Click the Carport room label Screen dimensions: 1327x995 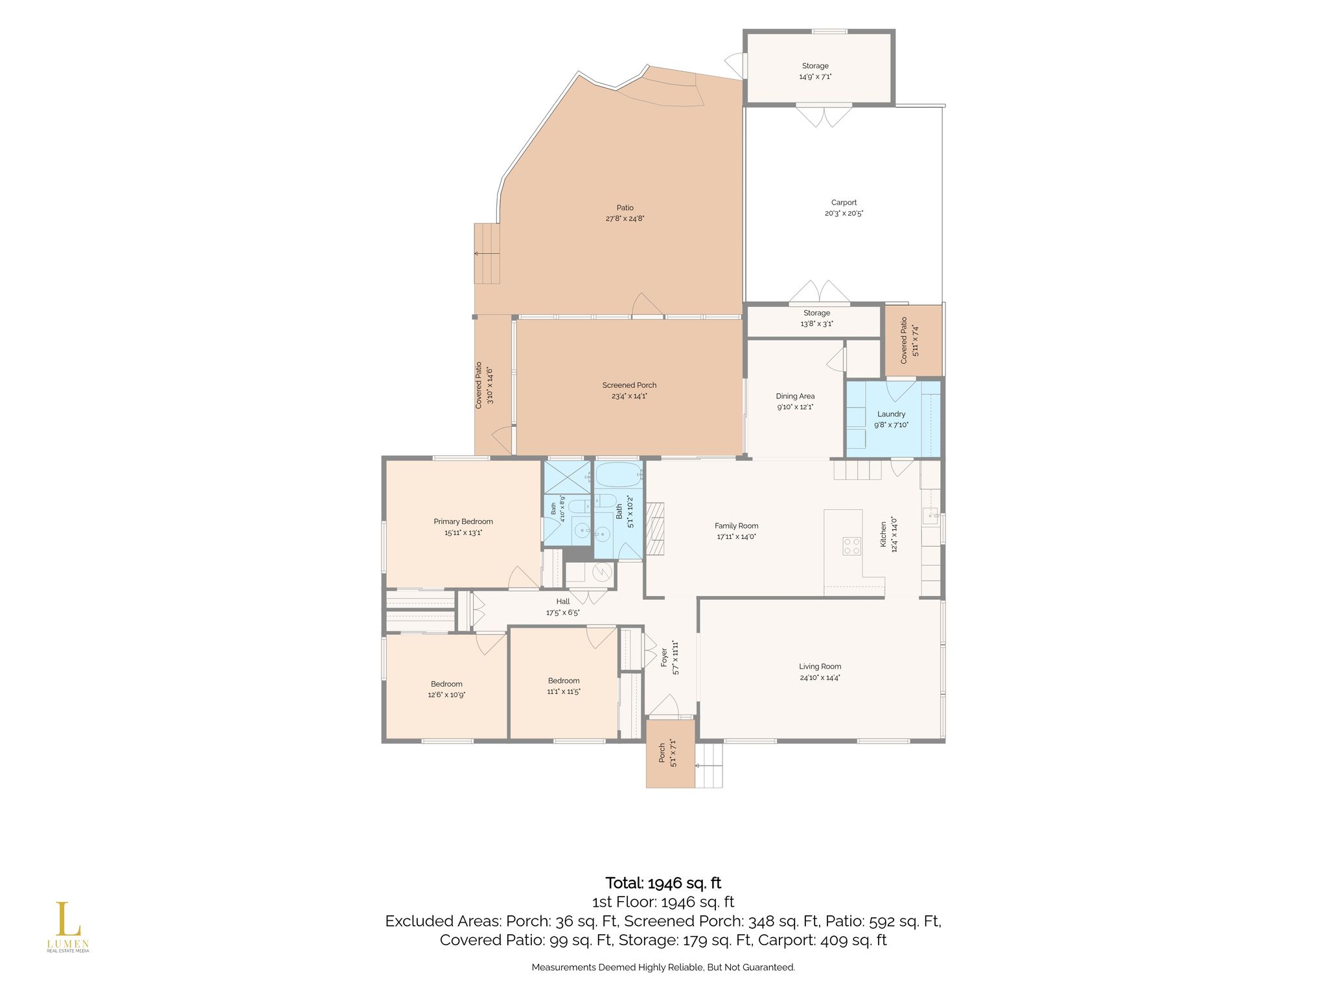tap(844, 203)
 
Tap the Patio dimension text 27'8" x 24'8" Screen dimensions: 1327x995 tap(625, 219)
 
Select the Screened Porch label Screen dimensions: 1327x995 tap(629, 385)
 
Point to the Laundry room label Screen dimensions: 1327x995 tap(891, 414)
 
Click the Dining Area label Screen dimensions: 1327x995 tap(795, 396)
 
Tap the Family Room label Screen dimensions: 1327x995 tap(736, 526)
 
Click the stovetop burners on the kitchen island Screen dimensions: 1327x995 tap(851, 546)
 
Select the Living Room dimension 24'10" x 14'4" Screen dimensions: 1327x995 tap(820, 678)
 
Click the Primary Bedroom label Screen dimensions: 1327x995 tap(463, 521)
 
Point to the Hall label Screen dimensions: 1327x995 tap(562, 602)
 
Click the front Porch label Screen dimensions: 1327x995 tap(662, 753)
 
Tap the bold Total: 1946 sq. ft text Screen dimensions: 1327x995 tap(663, 883)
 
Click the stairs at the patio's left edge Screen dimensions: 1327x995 tap(488, 253)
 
